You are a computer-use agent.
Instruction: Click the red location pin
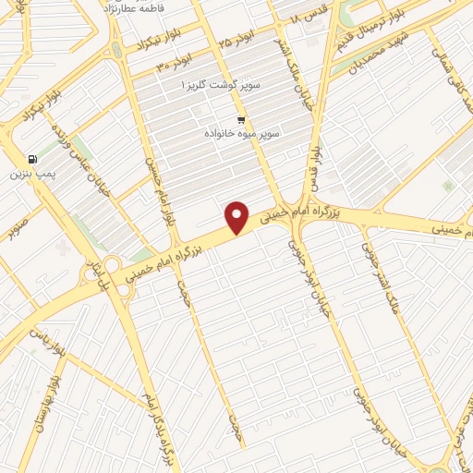[238, 217]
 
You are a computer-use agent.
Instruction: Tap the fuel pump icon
[34, 158]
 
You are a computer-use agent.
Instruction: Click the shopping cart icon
[240, 120]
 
